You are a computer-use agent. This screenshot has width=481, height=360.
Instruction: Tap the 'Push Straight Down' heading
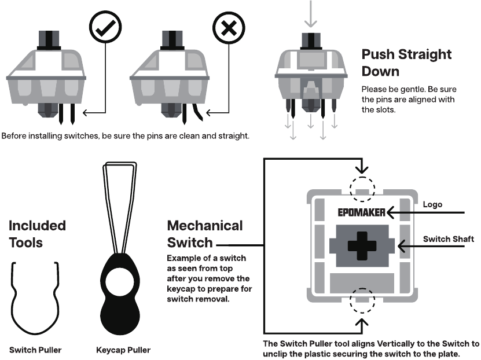[x=406, y=63]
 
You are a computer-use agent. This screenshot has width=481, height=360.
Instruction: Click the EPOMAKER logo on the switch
[x=362, y=212]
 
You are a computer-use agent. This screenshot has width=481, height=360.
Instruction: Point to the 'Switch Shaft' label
[x=448, y=239]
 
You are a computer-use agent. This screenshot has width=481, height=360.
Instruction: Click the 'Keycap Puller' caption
[x=123, y=350]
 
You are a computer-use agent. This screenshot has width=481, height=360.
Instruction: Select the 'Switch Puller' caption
[x=35, y=350]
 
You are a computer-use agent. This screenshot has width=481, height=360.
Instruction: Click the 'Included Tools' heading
[x=37, y=234]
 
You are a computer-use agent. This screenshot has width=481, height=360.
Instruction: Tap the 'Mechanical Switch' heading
[x=204, y=234]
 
